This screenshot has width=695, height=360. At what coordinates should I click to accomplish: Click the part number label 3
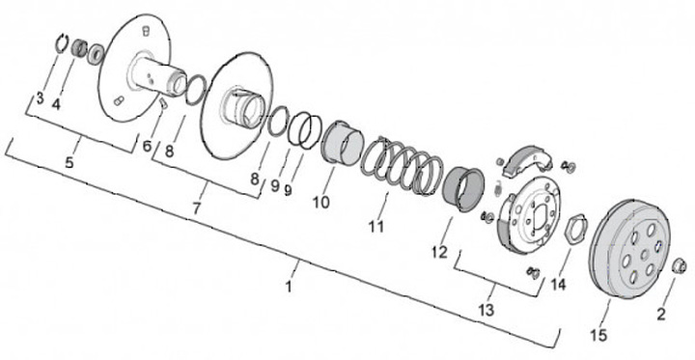(x=40, y=98)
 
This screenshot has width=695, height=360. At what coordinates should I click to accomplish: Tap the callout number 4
(x=56, y=104)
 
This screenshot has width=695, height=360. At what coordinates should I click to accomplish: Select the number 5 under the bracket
(x=69, y=162)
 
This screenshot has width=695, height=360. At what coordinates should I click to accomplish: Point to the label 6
(x=147, y=146)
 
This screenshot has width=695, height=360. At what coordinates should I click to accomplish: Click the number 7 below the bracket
(x=197, y=208)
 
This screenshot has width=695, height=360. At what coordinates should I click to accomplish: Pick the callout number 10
(x=320, y=202)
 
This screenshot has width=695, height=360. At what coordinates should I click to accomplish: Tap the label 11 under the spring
(x=375, y=227)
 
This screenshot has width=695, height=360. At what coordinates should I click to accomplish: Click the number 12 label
(x=439, y=252)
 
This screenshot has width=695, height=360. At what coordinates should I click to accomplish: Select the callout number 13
(x=486, y=310)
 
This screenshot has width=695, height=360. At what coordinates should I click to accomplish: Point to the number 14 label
(x=558, y=284)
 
